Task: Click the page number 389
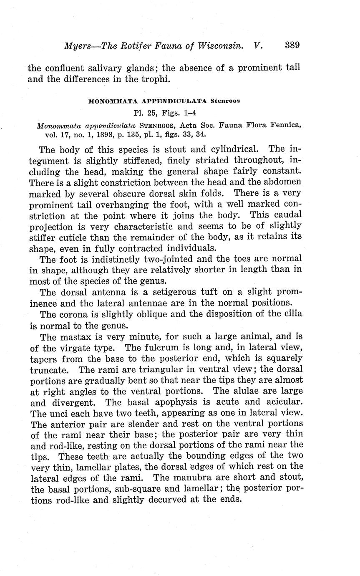(292, 45)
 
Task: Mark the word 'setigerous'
(164, 291)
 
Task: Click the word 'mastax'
(83, 336)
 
